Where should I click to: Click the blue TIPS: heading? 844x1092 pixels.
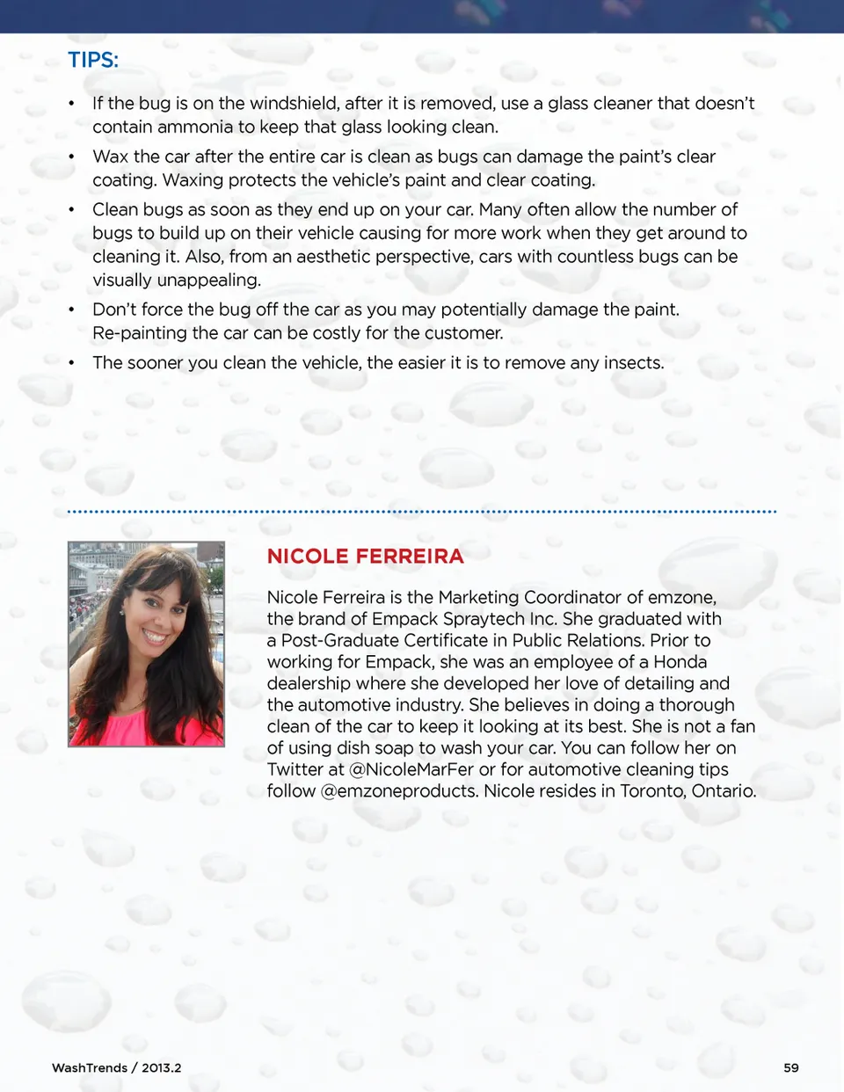tap(93, 60)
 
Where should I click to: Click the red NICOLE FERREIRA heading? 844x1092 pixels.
tap(365, 557)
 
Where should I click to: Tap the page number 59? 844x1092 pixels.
tap(791, 1067)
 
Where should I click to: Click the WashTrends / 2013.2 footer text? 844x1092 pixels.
tap(117, 1067)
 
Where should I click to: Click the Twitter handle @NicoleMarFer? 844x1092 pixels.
tap(411, 769)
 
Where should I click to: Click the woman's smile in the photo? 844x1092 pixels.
tap(156, 635)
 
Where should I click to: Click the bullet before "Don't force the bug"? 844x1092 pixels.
tap(71, 310)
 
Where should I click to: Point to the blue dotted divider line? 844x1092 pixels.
tap(422, 511)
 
